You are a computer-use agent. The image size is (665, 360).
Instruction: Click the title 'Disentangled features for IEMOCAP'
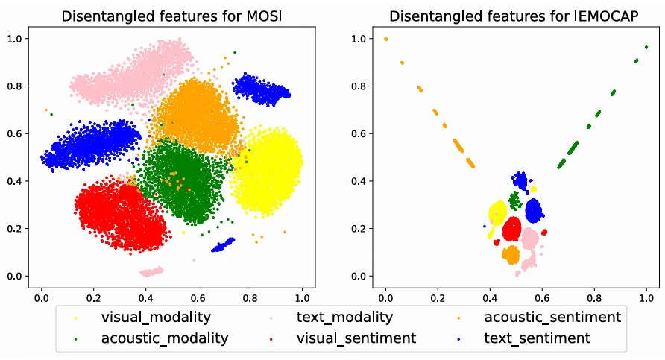tap(515, 16)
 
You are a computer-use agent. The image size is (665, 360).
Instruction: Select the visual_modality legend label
tap(156, 318)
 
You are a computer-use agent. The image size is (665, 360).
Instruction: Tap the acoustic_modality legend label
tap(165, 338)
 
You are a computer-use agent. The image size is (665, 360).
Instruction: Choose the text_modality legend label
tap(344, 318)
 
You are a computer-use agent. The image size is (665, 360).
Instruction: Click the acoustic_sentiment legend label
tap(552, 318)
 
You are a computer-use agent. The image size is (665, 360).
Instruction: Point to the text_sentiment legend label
tap(537, 338)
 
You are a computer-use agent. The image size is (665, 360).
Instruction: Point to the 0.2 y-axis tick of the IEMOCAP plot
tap(362, 229)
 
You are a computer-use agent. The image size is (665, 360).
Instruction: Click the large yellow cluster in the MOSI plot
tap(268, 170)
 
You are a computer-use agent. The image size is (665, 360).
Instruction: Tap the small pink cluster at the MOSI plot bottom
tap(151, 271)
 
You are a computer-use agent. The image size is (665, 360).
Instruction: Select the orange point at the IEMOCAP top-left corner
tap(385, 40)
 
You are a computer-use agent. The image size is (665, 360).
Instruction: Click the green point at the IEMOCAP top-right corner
tap(646, 47)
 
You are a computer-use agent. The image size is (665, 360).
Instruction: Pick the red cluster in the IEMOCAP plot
tap(511, 229)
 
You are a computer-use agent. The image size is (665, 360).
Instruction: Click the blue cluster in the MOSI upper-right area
tap(262, 90)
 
